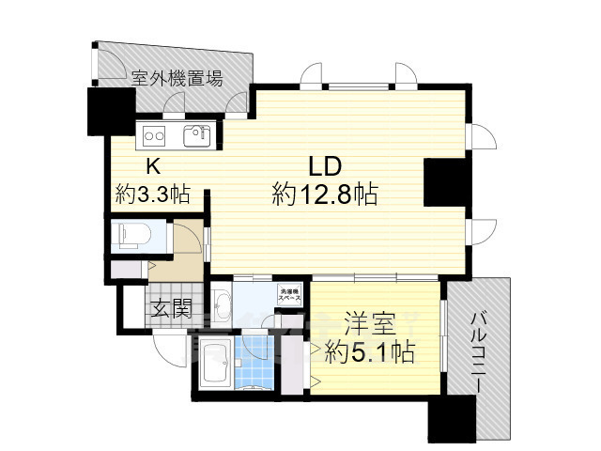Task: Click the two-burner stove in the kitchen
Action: [153, 135]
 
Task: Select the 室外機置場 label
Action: [177, 77]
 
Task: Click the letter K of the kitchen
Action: [151, 166]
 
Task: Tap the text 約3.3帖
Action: [153, 194]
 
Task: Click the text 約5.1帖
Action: [370, 354]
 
